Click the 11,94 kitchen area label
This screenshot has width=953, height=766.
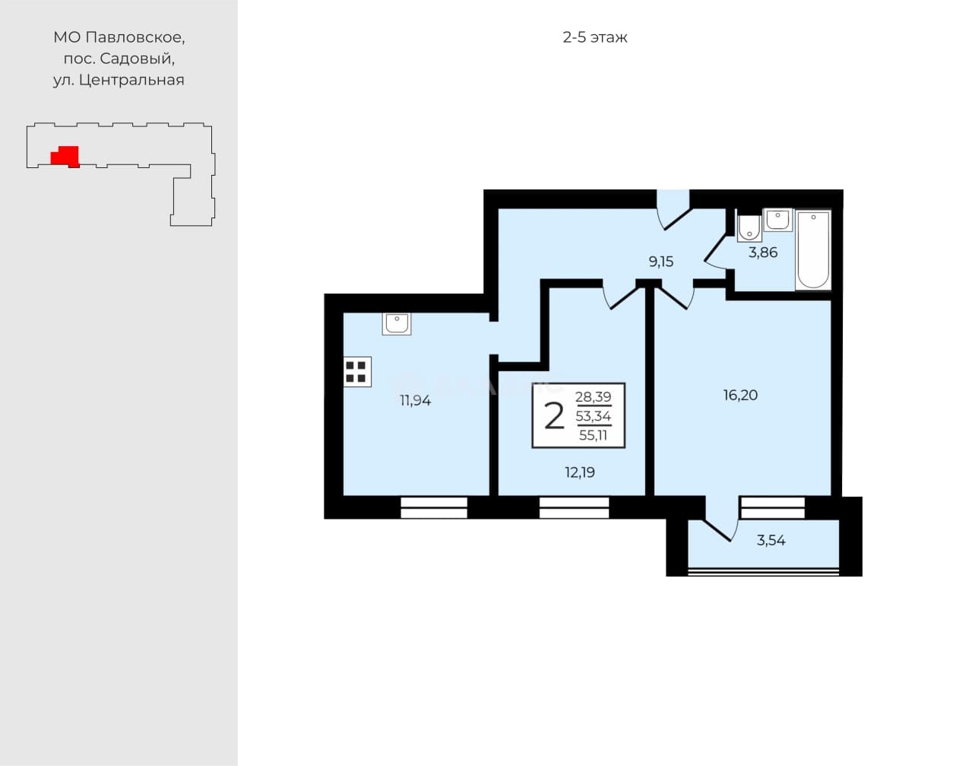point(415,401)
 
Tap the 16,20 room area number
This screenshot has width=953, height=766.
point(740,395)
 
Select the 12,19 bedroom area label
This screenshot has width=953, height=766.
point(580,472)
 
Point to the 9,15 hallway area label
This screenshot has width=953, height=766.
point(661,262)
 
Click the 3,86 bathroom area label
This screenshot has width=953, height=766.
point(763,253)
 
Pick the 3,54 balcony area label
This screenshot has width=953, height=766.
point(771,540)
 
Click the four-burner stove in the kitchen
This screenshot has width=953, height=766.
point(357,371)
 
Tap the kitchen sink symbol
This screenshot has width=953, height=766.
point(397,323)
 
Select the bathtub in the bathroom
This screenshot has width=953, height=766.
point(813,250)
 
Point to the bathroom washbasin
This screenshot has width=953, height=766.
point(778,221)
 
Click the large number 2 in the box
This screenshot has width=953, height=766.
point(555,416)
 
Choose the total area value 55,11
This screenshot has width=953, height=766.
point(593,435)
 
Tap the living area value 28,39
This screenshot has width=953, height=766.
point(593,397)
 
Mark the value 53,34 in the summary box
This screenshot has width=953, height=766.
point(593,416)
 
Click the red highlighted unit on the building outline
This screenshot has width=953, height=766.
point(65,157)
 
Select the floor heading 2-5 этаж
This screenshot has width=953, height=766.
point(595,38)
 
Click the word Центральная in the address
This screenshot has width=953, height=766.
point(131,80)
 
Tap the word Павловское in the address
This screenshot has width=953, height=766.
point(135,37)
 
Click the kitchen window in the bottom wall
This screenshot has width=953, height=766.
point(434,507)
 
